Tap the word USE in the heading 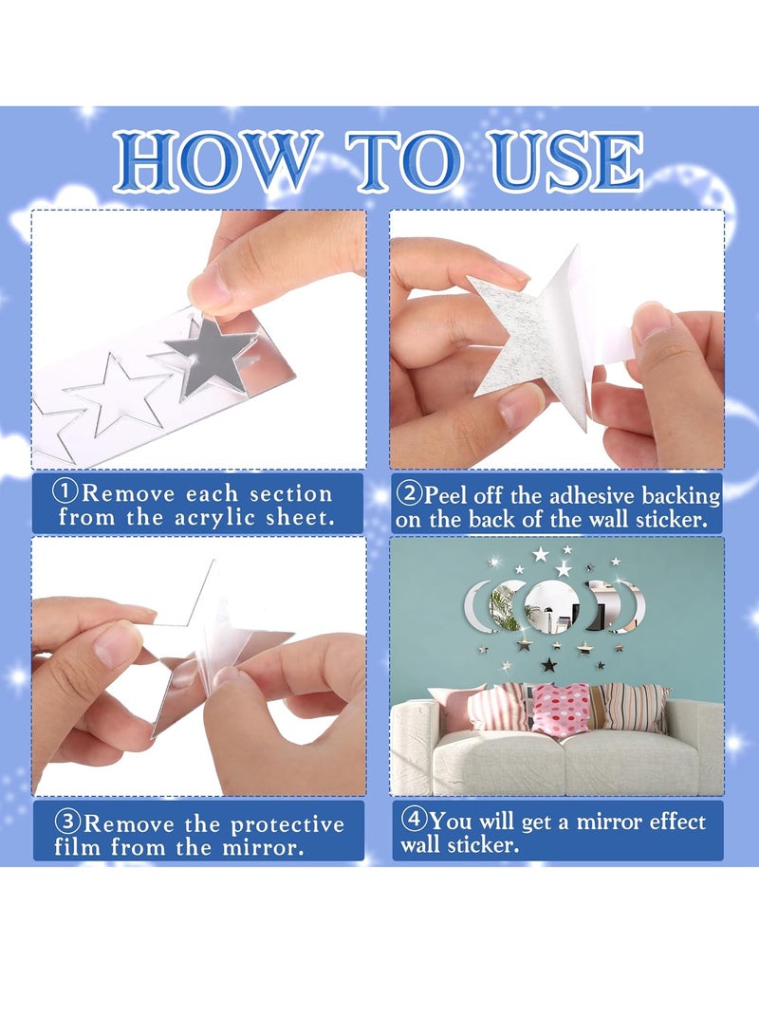point(568,161)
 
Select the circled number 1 point(66,491)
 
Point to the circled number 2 point(410,493)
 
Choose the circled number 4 point(415,819)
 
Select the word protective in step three point(287,825)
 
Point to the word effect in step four point(677,822)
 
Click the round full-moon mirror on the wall point(552,607)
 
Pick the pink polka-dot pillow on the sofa point(563,709)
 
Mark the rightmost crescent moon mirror point(632,607)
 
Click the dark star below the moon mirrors point(548,665)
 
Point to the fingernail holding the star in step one point(207,287)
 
